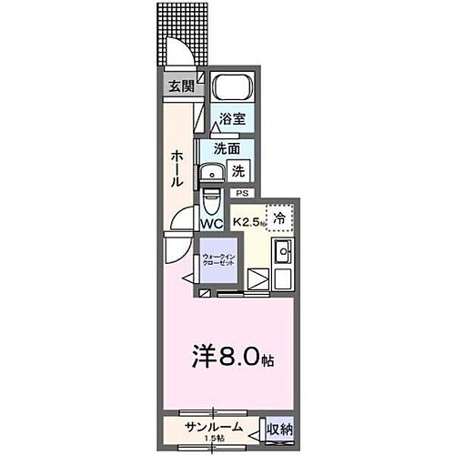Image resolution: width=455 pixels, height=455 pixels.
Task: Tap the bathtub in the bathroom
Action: [231, 90]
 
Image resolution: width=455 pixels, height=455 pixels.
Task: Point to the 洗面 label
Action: [226, 148]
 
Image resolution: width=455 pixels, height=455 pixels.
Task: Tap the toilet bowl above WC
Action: [211, 197]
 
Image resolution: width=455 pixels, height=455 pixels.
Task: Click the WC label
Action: [211, 223]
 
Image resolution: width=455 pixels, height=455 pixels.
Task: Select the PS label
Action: [242, 194]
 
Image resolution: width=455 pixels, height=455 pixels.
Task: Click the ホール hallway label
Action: [177, 168]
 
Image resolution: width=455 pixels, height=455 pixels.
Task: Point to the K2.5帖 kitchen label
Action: [248, 221]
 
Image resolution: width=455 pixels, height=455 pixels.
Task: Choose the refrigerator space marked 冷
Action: [281, 218]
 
